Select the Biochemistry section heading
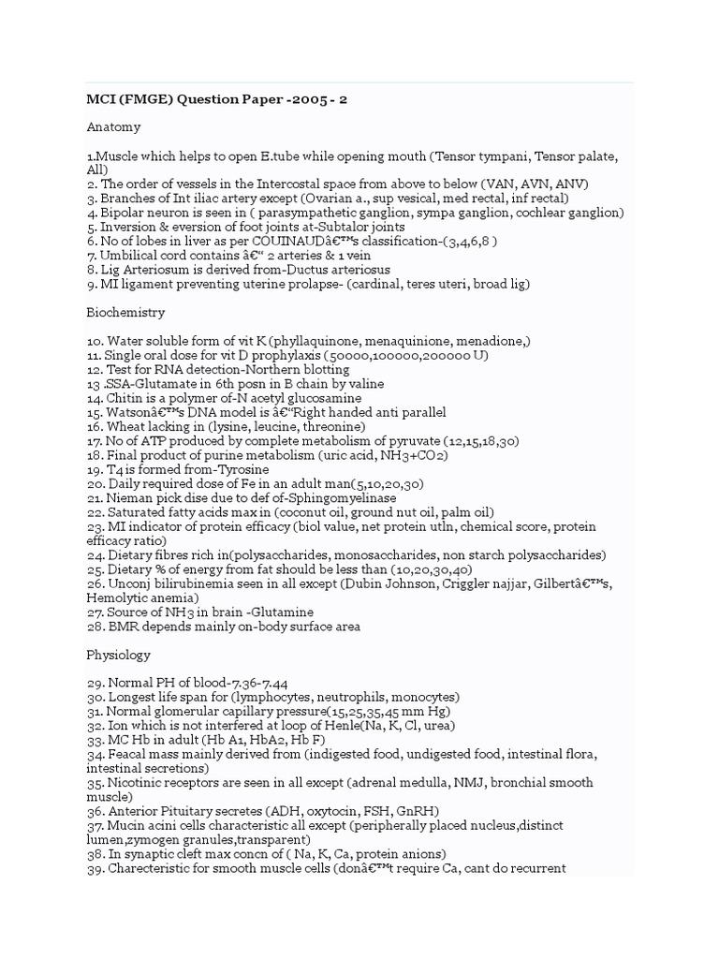point(127,313)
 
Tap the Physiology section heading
point(119,655)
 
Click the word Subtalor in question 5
point(332,227)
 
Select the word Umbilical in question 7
point(128,256)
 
